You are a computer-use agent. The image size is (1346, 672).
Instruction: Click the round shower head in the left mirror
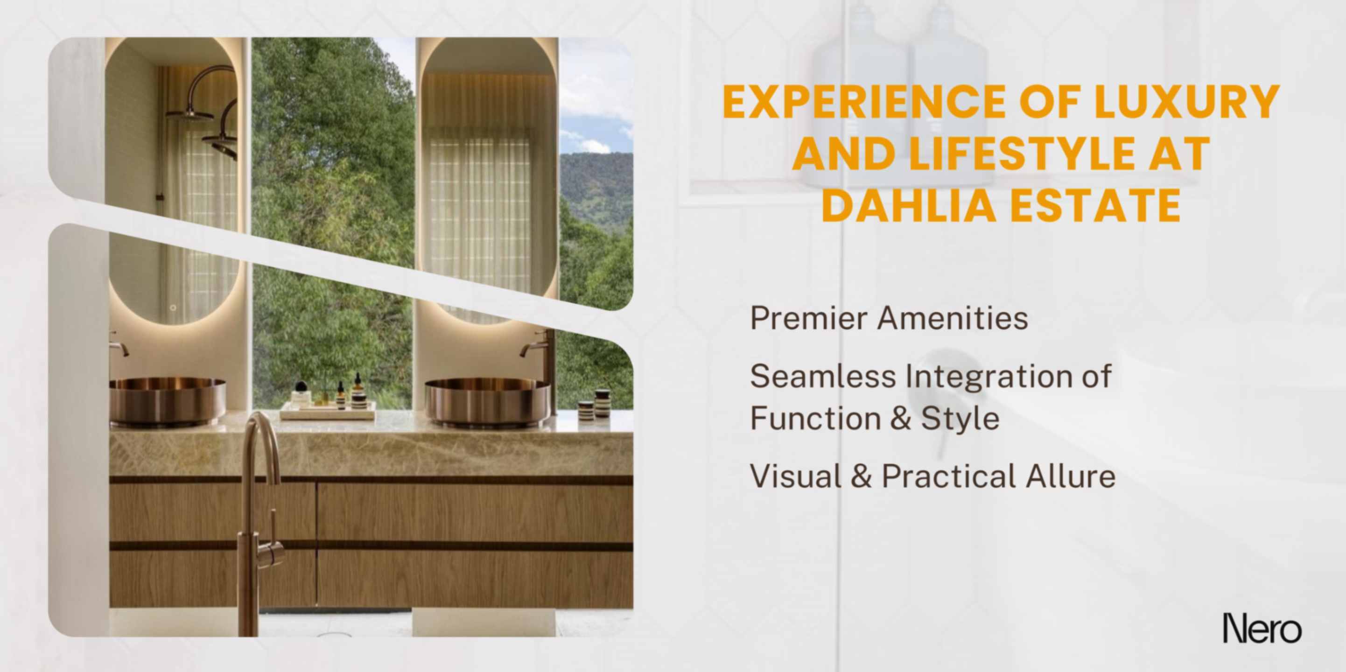tap(189, 114)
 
